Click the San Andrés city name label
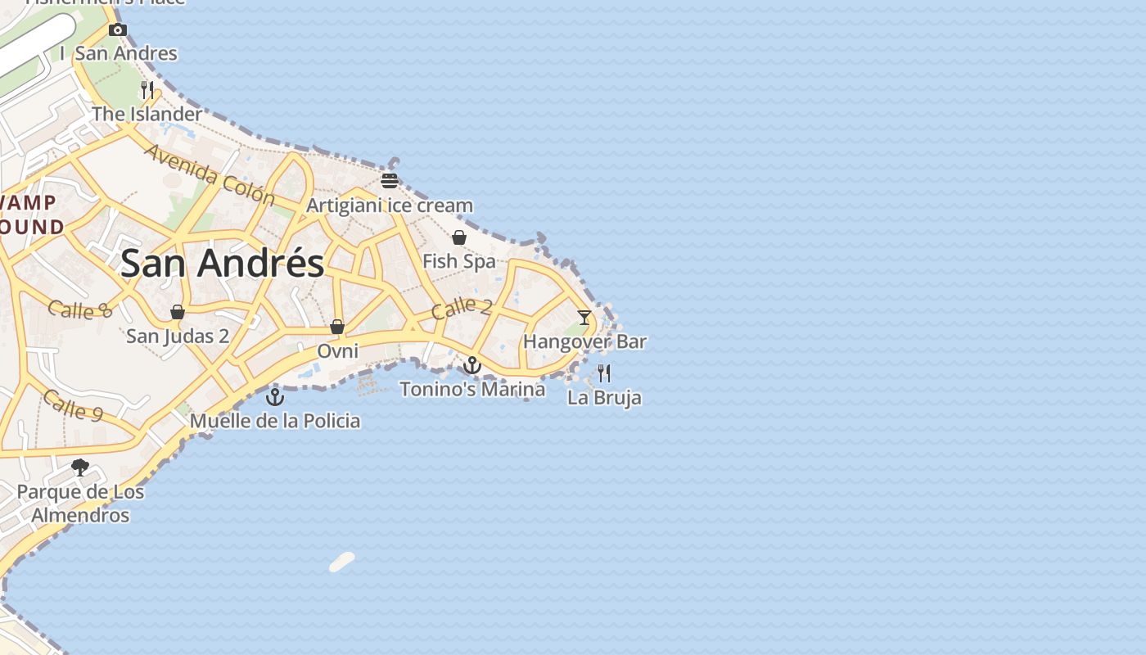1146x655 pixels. click(x=222, y=264)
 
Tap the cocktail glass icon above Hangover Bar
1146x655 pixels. click(x=584, y=317)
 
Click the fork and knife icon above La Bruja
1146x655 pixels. click(x=604, y=373)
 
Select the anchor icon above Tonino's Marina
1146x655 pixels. click(x=472, y=365)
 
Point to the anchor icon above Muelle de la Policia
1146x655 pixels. click(x=275, y=397)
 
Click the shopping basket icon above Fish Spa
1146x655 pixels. click(x=459, y=237)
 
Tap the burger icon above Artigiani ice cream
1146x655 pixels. click(x=390, y=181)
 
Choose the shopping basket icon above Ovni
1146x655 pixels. click(x=337, y=327)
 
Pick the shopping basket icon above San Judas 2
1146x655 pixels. click(x=178, y=312)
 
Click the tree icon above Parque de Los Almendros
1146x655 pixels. click(x=80, y=468)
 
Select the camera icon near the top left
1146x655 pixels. click(x=118, y=30)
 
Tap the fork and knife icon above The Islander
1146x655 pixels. click(x=147, y=90)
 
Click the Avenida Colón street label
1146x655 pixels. click(x=210, y=174)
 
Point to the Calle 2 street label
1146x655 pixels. click(x=462, y=308)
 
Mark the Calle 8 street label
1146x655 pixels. click(x=79, y=309)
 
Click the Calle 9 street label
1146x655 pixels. click(x=73, y=405)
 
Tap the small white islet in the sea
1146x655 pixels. click(x=341, y=562)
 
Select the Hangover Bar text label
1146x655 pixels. click(x=584, y=341)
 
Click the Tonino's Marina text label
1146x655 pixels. click(x=472, y=389)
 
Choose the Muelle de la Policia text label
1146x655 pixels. click(x=275, y=421)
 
